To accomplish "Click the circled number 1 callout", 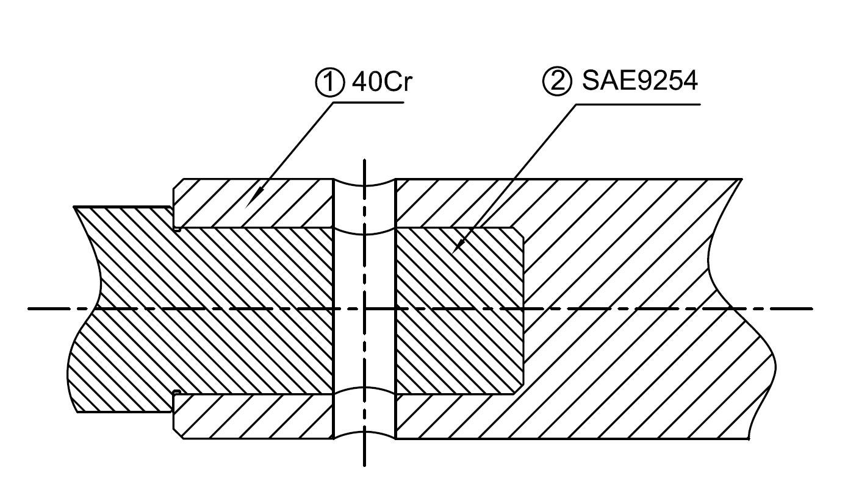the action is click(329, 82).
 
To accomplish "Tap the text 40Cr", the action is click(382, 82).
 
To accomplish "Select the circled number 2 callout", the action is click(557, 81).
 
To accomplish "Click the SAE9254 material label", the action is click(639, 80).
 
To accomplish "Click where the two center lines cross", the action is click(364, 309).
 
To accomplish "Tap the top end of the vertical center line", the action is click(364, 160).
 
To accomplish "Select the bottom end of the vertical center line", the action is click(364, 466).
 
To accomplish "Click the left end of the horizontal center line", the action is click(29, 309).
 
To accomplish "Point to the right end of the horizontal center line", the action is click(812, 309).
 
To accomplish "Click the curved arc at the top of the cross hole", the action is click(364, 186).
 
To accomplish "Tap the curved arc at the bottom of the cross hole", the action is click(364, 432).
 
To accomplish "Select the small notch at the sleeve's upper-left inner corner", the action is click(176, 229).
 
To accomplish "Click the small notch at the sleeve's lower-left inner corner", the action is click(176, 392).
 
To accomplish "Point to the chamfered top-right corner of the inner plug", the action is click(519, 232).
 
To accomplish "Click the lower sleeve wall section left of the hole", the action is click(253, 416).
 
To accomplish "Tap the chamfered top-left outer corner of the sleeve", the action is click(178, 183).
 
